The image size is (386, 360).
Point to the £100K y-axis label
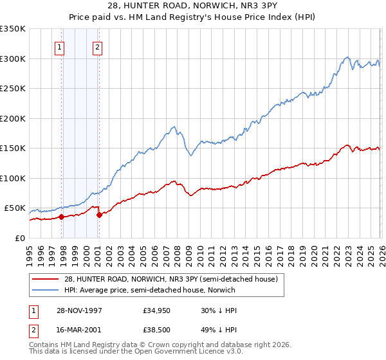click(x=13, y=178)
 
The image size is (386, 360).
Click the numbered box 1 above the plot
click(x=59, y=47)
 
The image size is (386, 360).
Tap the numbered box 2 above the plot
click(x=97, y=47)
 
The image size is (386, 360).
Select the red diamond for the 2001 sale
click(x=99, y=215)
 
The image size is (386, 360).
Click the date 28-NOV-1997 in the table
click(x=80, y=310)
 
